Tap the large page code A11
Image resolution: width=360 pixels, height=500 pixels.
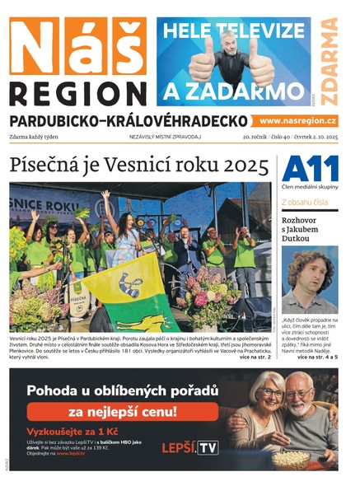pyautogui.click(x=310, y=168)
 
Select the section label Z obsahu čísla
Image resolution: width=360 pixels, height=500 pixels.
pyautogui.click(x=306, y=201)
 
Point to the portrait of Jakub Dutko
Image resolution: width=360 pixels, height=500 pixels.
pyautogui.click(x=310, y=278)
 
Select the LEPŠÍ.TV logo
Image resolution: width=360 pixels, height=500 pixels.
pyautogui.click(x=191, y=446)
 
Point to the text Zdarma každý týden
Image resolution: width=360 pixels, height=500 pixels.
pyautogui.click(x=35, y=136)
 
